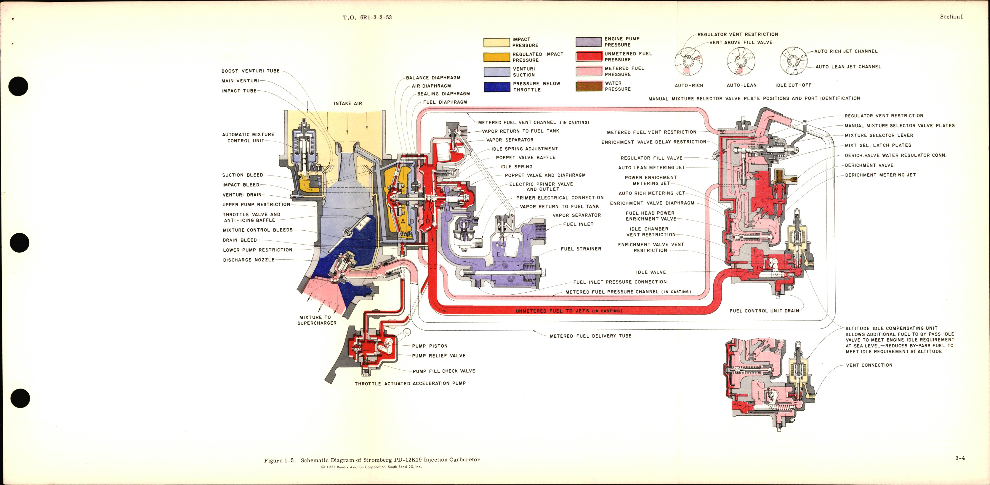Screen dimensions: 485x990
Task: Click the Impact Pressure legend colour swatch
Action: (496, 43)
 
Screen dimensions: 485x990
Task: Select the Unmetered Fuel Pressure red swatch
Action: (588, 57)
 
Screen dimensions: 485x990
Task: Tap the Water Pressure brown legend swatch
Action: (588, 86)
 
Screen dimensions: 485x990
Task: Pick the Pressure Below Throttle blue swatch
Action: (496, 87)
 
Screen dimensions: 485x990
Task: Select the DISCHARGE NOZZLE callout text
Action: (249, 260)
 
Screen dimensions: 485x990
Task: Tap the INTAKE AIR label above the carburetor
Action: (347, 103)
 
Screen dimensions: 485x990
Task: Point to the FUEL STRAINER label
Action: (581, 249)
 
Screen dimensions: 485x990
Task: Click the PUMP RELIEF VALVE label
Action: (438, 356)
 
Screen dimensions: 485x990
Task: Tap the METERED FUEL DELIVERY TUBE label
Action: (590, 336)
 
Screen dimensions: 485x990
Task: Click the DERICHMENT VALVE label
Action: (869, 165)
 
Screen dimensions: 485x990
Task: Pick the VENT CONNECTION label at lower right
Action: (869, 365)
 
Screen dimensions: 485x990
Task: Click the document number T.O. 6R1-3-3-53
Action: (367, 17)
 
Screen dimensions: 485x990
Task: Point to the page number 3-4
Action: (960, 458)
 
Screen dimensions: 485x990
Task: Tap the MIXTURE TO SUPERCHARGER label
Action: (317, 320)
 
